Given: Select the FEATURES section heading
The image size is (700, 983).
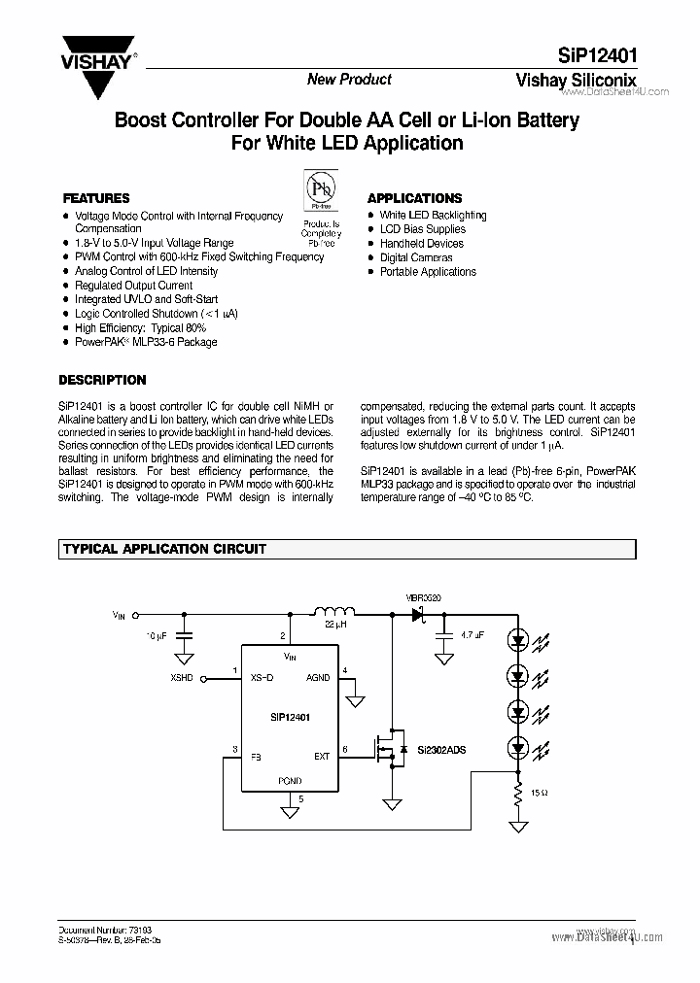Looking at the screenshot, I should click(96, 197).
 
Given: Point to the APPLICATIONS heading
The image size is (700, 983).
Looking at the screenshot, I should click(414, 197).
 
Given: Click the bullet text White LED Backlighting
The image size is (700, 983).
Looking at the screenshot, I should click(433, 216).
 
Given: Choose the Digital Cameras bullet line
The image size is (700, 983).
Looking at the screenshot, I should click(416, 257).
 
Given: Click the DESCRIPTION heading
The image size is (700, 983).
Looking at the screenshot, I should click(103, 380).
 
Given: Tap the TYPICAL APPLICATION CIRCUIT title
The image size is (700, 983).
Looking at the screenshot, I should click(164, 549).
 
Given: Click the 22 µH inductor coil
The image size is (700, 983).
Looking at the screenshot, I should click(332, 612).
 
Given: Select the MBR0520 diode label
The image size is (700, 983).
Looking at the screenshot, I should click(424, 597).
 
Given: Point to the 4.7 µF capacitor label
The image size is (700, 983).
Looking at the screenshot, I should click(473, 634).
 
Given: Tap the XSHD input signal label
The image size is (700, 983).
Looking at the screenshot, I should click(182, 678).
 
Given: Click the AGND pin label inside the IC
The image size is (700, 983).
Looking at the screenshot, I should click(318, 678).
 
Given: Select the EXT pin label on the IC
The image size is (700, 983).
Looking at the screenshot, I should click(322, 755).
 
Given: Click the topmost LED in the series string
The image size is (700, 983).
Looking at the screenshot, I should click(518, 642).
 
